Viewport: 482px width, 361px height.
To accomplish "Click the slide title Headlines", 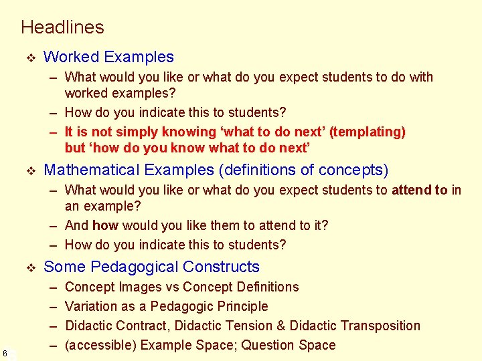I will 62,27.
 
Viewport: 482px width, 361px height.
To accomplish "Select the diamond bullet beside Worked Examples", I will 29,57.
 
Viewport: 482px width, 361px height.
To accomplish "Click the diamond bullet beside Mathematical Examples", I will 29,170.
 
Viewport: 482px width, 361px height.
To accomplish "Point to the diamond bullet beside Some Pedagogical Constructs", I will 29,267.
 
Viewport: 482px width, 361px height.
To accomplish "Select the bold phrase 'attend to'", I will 420,190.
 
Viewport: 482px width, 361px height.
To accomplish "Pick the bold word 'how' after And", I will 105,225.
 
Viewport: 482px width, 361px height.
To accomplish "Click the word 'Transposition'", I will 380,326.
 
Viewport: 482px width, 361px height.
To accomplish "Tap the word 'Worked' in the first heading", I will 70,57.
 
